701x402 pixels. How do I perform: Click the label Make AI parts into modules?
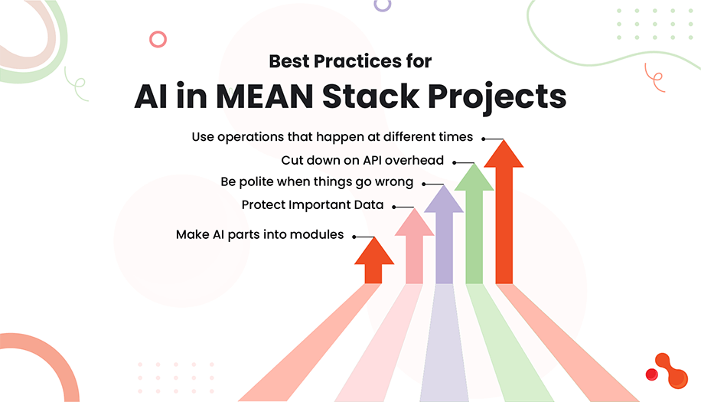tap(259, 234)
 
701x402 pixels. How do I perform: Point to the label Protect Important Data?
tap(312, 205)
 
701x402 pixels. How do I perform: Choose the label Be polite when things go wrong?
tap(317, 182)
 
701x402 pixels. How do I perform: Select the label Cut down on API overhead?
tap(364, 161)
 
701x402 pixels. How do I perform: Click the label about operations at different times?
tap(332, 137)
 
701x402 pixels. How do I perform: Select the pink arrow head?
tap(414, 223)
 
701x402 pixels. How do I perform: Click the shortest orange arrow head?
tap(374, 251)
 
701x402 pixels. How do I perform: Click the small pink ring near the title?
tap(158, 40)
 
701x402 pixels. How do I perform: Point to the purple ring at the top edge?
tap(382, 4)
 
